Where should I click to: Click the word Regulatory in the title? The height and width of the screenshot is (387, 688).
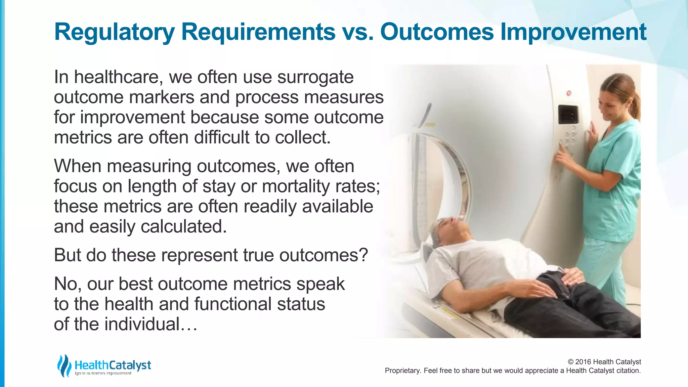tap(114, 32)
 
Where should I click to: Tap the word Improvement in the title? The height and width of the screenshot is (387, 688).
tap(573, 32)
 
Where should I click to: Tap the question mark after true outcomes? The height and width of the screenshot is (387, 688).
tap(363, 255)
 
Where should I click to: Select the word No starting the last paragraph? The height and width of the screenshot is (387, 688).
tap(66, 284)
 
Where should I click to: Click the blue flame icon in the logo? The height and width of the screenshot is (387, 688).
tap(64, 365)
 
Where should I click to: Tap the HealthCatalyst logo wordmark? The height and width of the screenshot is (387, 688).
tap(113, 365)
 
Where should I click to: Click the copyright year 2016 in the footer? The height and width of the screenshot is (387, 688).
tap(584, 362)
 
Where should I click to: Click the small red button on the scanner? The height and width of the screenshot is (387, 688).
tap(569, 93)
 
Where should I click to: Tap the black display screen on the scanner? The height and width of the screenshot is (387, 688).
tap(568, 115)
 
